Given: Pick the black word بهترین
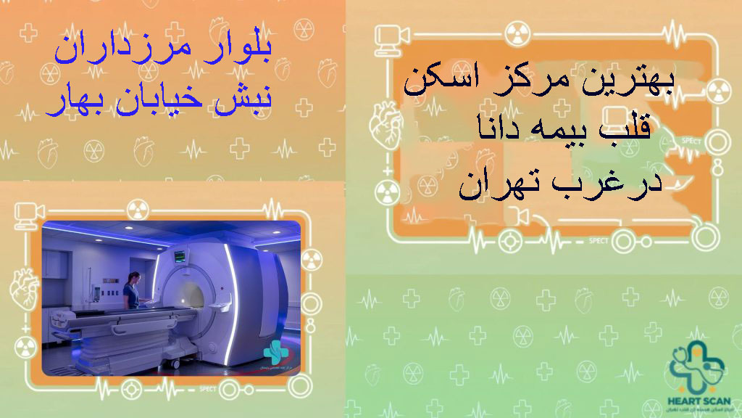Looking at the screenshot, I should (628, 81).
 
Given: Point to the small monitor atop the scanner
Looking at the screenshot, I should (179, 255).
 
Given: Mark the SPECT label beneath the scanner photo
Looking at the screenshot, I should (208, 389).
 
